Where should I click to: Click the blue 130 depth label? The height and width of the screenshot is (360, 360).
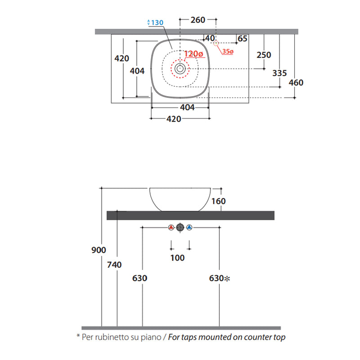[x=155, y=22]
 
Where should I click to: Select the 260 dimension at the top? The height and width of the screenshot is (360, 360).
[x=198, y=20]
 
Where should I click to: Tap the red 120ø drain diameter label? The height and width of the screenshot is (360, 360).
[x=193, y=54]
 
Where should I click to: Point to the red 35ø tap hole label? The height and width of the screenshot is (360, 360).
[x=228, y=51]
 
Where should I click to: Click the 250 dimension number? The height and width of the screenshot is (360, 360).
[x=264, y=55]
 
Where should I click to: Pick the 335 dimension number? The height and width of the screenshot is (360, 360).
[x=279, y=73]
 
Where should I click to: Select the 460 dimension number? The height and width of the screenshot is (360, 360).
[x=296, y=82]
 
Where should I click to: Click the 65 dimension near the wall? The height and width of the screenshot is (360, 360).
[x=243, y=39]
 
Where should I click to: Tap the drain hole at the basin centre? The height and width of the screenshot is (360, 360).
[x=180, y=68]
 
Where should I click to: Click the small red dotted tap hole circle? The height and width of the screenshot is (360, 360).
[x=216, y=43]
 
